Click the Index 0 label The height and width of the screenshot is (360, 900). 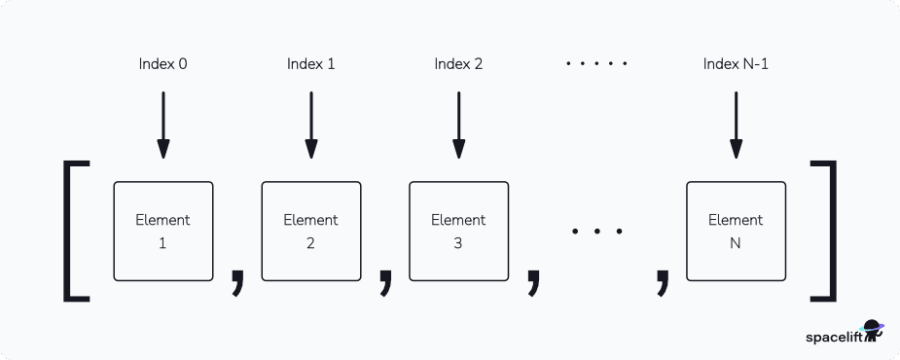[x=162, y=64]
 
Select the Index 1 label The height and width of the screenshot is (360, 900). [x=310, y=64]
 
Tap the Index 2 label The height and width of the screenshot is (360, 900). [x=457, y=64]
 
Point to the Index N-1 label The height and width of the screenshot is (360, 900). [x=736, y=64]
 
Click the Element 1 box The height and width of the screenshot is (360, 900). [x=162, y=231]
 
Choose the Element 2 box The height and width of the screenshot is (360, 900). [x=310, y=231]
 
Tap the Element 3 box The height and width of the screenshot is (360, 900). [x=457, y=231]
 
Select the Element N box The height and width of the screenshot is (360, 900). [x=736, y=231]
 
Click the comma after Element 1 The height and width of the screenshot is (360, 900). [x=236, y=278]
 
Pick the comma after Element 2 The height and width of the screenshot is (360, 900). [x=385, y=278]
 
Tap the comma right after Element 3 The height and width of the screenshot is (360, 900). [x=532, y=278]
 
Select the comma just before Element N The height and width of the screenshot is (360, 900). [x=663, y=278]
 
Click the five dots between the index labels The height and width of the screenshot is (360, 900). [x=596, y=64]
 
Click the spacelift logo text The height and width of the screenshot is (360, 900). [x=834, y=337]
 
